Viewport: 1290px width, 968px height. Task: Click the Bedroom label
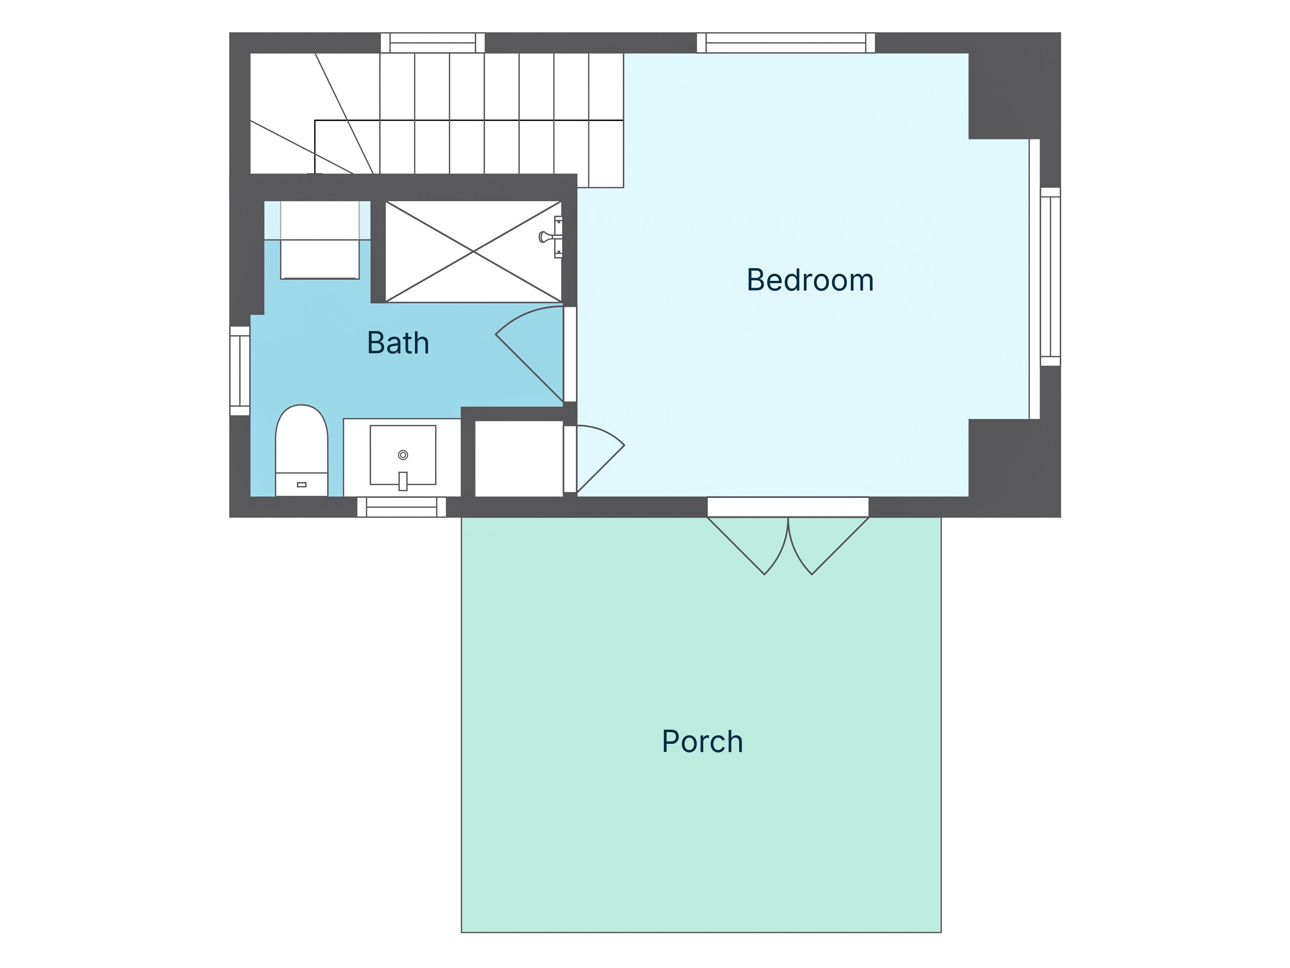click(810, 280)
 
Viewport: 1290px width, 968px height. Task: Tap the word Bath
click(398, 343)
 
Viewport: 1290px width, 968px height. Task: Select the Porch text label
click(702, 742)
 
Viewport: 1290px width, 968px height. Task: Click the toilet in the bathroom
click(302, 451)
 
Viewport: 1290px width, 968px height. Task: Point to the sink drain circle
click(403, 455)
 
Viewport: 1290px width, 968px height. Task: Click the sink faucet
click(403, 481)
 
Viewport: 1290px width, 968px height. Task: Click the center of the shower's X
click(473, 252)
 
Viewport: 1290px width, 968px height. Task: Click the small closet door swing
click(601, 460)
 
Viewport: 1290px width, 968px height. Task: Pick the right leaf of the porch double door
click(829, 546)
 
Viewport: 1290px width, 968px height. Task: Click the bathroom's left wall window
click(240, 370)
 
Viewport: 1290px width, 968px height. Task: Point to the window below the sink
click(402, 507)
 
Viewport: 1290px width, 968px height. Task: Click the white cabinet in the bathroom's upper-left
click(319, 240)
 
